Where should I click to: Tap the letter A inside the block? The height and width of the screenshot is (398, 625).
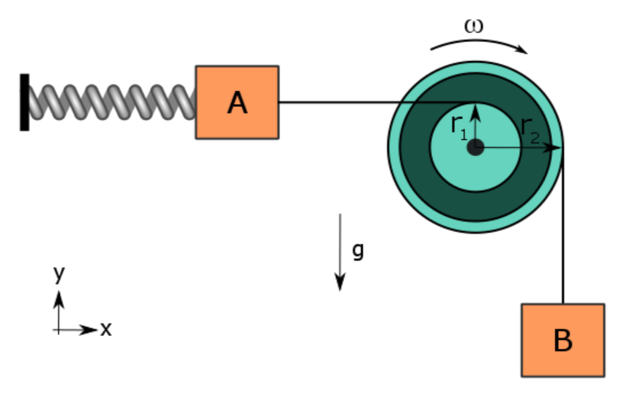tap(237, 103)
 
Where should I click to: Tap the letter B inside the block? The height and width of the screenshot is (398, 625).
tap(562, 340)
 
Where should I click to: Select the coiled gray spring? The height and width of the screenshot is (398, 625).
tap(112, 102)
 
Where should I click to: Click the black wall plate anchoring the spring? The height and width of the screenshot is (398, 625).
tap(25, 102)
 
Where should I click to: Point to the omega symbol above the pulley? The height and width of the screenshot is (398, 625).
tap(474, 27)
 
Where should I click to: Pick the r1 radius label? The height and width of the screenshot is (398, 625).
tap(458, 127)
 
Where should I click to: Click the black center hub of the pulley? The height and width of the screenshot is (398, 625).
tap(475, 148)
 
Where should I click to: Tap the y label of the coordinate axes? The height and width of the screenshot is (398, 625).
tap(58, 273)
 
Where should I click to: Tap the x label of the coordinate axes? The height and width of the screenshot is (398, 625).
tap(106, 328)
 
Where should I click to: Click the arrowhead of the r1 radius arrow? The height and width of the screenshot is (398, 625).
tap(475, 111)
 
